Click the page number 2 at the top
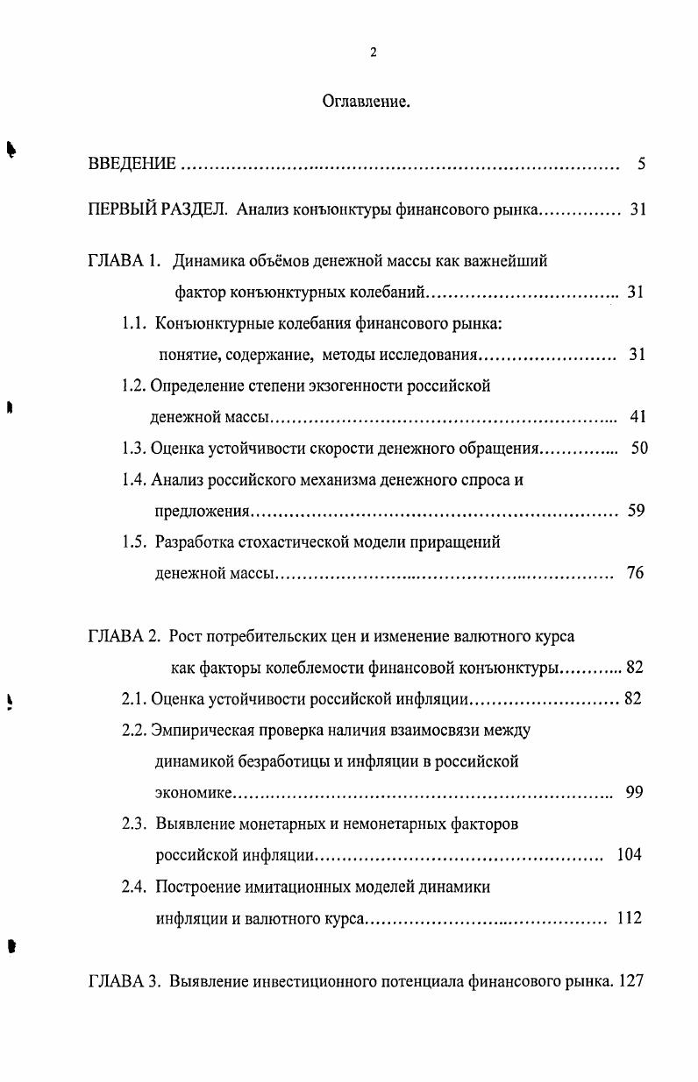click(x=374, y=53)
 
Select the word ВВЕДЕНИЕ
click(x=132, y=164)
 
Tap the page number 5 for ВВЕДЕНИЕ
click(x=642, y=164)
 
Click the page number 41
click(x=637, y=416)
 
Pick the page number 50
click(x=639, y=448)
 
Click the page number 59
click(x=637, y=511)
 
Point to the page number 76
click(x=636, y=574)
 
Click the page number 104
click(x=629, y=855)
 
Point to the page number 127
click(x=631, y=981)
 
